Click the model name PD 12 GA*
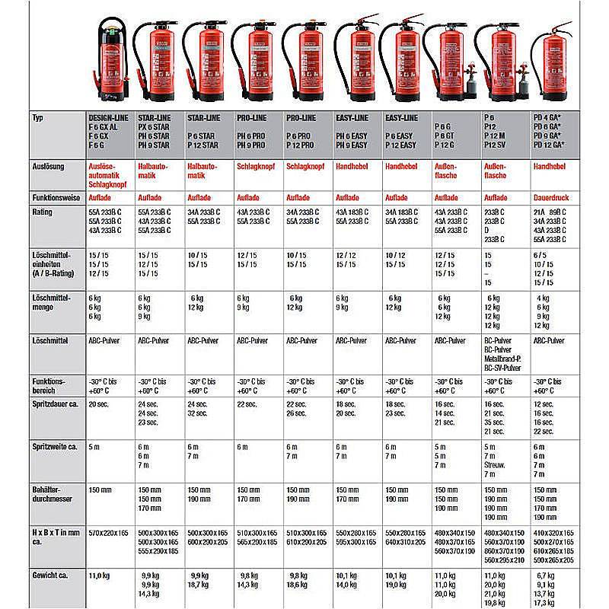coord(552,145)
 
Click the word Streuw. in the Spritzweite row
coord(496,464)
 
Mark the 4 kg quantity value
coord(543,298)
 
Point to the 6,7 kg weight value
coord(547,576)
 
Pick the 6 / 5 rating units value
coord(541,255)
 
